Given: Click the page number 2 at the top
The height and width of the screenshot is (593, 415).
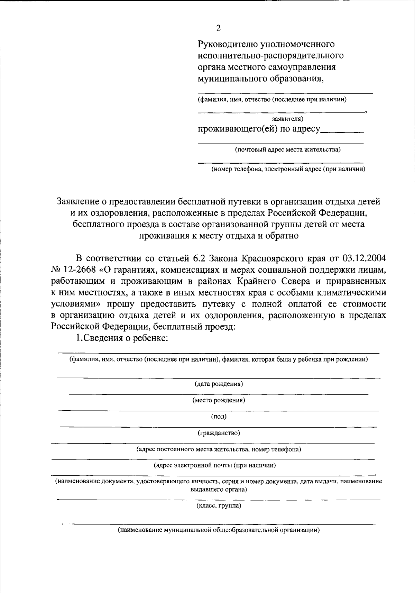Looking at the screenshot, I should (218, 28).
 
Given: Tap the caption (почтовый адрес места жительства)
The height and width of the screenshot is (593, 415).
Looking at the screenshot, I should (287, 149).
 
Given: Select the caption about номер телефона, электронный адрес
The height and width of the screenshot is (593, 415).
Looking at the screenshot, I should (288, 169).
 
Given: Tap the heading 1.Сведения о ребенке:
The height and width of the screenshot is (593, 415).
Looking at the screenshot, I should (122, 338).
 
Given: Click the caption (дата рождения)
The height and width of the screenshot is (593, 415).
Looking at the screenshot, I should (218, 384).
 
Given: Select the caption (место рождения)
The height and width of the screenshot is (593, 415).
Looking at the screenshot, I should (219, 400).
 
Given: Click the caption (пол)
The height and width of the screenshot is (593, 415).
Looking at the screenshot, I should (219, 416).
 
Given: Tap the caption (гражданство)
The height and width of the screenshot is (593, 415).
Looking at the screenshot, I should (219, 432).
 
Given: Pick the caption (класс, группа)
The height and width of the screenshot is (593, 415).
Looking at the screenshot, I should (219, 505).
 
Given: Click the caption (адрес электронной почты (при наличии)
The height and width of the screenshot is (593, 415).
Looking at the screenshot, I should (215, 465).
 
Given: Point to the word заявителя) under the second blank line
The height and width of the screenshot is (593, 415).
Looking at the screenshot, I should (287, 119).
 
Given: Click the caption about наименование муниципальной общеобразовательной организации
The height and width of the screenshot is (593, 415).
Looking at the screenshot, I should (219, 530).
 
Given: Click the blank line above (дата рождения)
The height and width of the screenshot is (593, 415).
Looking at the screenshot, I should (219, 377).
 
